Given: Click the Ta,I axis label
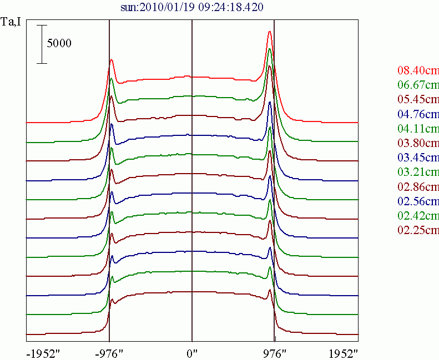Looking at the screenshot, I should click(12, 23).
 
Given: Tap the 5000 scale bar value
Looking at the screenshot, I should click(59, 43).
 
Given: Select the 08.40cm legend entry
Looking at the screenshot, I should click(418, 70).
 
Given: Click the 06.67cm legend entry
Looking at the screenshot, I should click(418, 85).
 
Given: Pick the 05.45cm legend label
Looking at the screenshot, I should click(418, 100).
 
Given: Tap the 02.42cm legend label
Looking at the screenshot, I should click(418, 215).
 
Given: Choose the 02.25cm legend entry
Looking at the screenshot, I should click(418, 230).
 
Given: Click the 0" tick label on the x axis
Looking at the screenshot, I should click(192, 352).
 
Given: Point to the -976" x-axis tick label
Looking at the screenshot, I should click(109, 352).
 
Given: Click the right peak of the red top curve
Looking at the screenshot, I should click(269, 32).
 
